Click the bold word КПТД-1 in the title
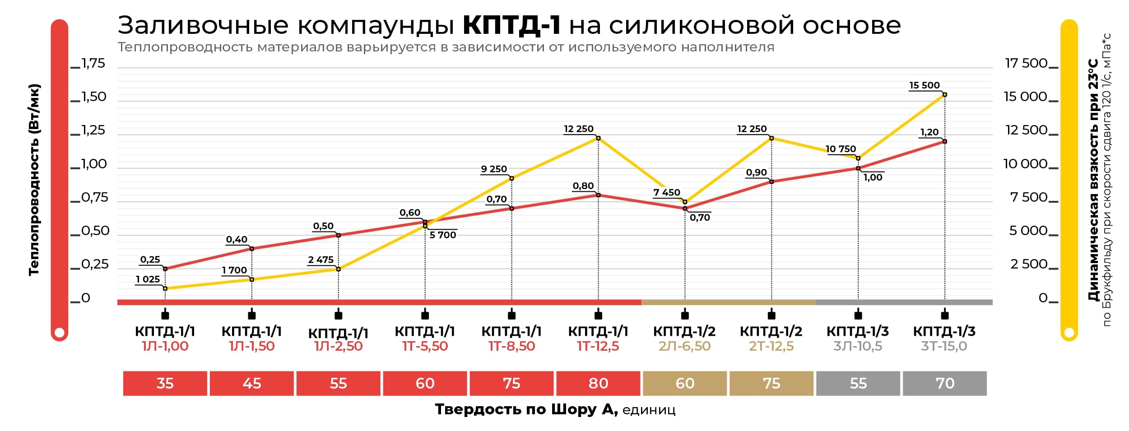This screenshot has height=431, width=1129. click(511, 25)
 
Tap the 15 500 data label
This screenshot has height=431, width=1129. click(924, 85)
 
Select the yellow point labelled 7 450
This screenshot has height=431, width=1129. click(685, 202)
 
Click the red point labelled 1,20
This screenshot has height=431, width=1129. click(945, 142)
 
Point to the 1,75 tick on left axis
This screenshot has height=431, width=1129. click(93, 64)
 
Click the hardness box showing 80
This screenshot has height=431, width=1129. click(598, 383)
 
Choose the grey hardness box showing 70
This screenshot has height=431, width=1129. click(945, 383)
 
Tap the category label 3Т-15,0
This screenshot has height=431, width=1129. click(944, 346)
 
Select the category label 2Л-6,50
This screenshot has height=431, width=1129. click(685, 346)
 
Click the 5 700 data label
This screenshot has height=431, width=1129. click(443, 235)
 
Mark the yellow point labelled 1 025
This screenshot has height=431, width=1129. click(165, 288)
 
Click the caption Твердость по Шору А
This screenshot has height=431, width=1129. click(526, 409)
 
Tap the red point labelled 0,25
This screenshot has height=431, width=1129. click(165, 269)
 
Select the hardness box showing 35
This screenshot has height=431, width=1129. click(165, 383)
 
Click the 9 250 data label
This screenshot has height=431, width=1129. click(494, 169)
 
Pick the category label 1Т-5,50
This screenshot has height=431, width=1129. click(425, 346)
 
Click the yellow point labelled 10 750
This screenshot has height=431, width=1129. click(858, 158)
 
